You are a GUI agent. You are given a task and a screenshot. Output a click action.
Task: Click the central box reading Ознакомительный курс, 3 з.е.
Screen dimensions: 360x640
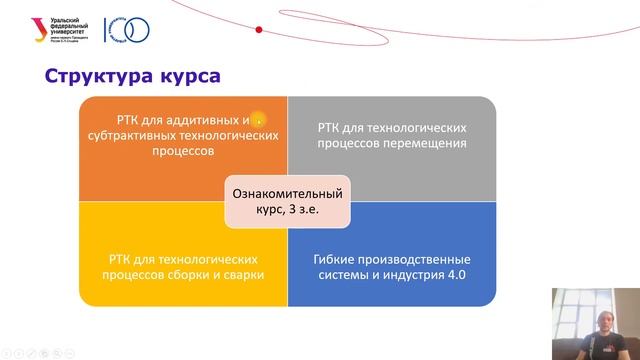(287, 202)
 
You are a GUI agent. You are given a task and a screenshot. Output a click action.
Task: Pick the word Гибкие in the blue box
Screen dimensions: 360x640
(326, 257)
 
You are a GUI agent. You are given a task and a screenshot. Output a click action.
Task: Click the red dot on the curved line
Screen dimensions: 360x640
(259, 31)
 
